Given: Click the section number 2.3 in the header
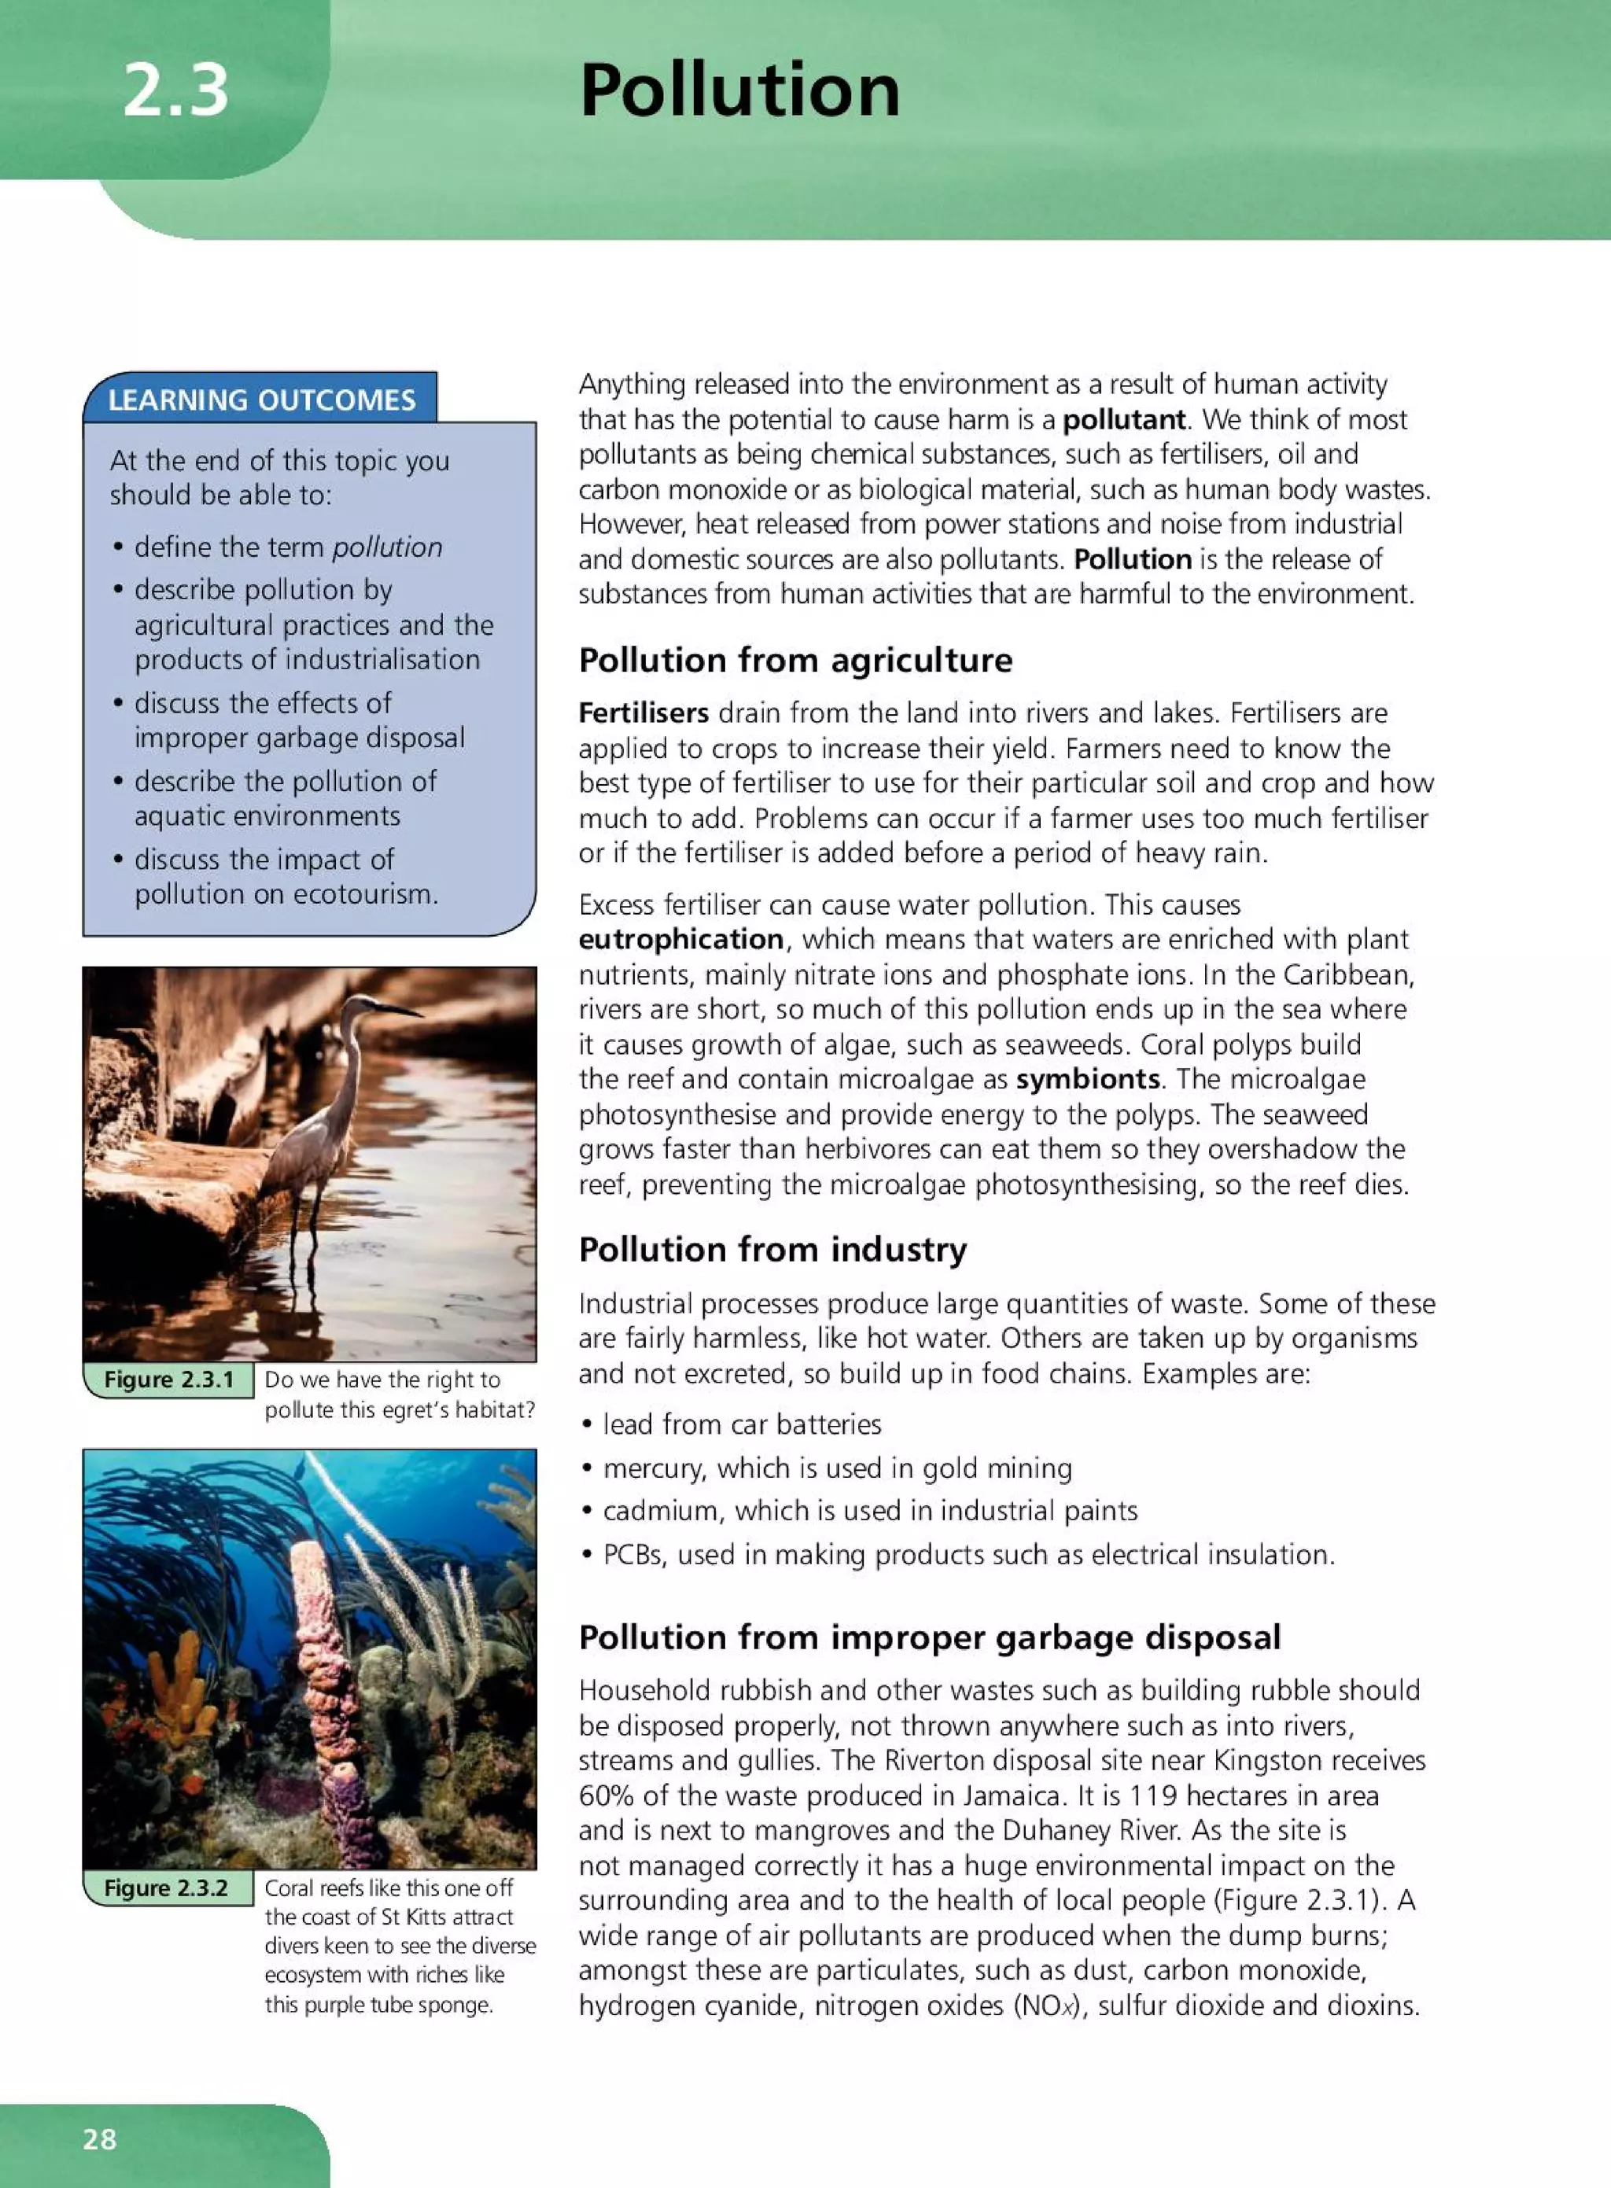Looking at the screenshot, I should pyautogui.click(x=175, y=90).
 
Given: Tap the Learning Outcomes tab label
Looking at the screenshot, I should pyautogui.click(x=261, y=400).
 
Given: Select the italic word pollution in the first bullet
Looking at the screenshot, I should pyautogui.click(x=387, y=547).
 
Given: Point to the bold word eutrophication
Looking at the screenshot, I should pyautogui.click(x=680, y=939).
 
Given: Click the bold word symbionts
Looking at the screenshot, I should pyautogui.click(x=1087, y=1079).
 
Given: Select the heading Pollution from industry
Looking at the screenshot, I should pyautogui.click(x=772, y=1249).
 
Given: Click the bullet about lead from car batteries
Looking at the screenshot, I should pyautogui.click(x=741, y=1424).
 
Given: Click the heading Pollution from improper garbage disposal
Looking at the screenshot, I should pyautogui.click(x=929, y=1637).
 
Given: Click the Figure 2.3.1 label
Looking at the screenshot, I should pyautogui.click(x=168, y=1379).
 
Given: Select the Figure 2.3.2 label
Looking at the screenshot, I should pyautogui.click(x=166, y=1888).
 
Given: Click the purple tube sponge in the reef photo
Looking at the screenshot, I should pyautogui.click(x=332, y=1716).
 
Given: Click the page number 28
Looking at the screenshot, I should pyautogui.click(x=99, y=2139).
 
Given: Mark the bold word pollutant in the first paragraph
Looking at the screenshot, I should pyautogui.click(x=1123, y=420).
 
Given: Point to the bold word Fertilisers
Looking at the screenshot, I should pyautogui.click(x=643, y=713).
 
